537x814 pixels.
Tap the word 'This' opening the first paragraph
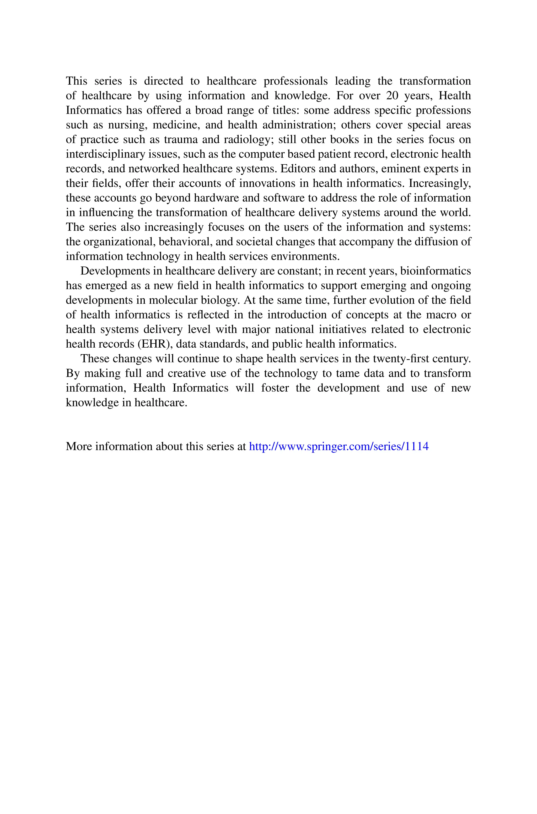click(x=76, y=81)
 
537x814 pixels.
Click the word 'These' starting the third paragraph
click(x=94, y=359)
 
